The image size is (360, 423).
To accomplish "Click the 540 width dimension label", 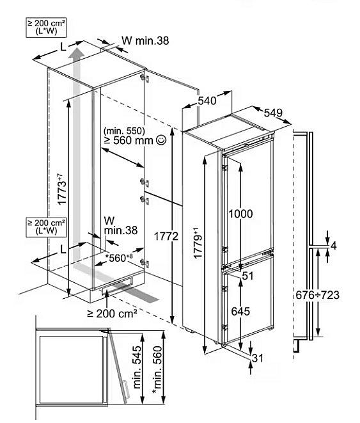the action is (x=207, y=101).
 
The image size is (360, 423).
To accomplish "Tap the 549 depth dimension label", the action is (x=273, y=113).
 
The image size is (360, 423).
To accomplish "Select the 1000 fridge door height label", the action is (x=240, y=214).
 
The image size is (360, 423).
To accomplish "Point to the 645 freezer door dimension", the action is (x=240, y=311).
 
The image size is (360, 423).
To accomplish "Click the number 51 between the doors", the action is (x=247, y=276).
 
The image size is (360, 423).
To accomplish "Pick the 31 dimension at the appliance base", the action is (x=257, y=358).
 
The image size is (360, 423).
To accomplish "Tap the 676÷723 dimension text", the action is (x=317, y=295).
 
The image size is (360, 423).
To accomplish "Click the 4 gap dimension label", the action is (x=333, y=246).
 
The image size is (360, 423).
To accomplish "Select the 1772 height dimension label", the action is (x=166, y=236).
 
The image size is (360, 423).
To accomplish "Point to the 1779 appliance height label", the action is (x=198, y=243).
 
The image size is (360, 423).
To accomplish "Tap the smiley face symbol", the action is (x=161, y=140).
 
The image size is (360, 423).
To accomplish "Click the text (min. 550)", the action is (x=124, y=131).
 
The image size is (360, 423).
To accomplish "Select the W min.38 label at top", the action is (x=145, y=40).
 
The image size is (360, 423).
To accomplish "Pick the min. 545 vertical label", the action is (x=137, y=367).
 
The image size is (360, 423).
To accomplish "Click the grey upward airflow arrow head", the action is (x=77, y=52).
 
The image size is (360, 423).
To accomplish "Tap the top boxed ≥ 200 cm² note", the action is (x=46, y=28).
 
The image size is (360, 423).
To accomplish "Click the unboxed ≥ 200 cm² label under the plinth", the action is (x=113, y=314).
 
